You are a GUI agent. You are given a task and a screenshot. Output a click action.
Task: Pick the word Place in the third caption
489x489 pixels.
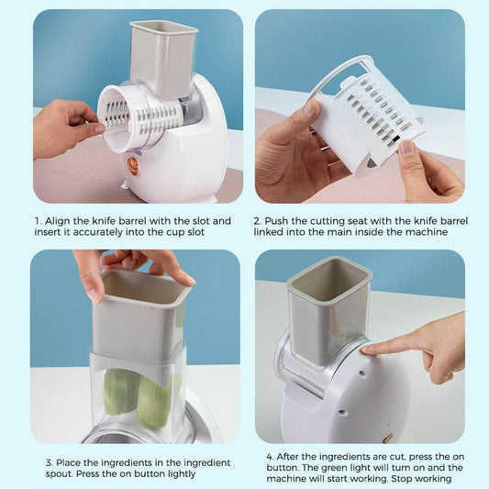pos(61,462)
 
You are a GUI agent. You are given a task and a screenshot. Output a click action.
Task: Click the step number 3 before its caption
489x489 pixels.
pos(37,462)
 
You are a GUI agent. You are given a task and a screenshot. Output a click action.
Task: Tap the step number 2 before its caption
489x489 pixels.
pos(258,221)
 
